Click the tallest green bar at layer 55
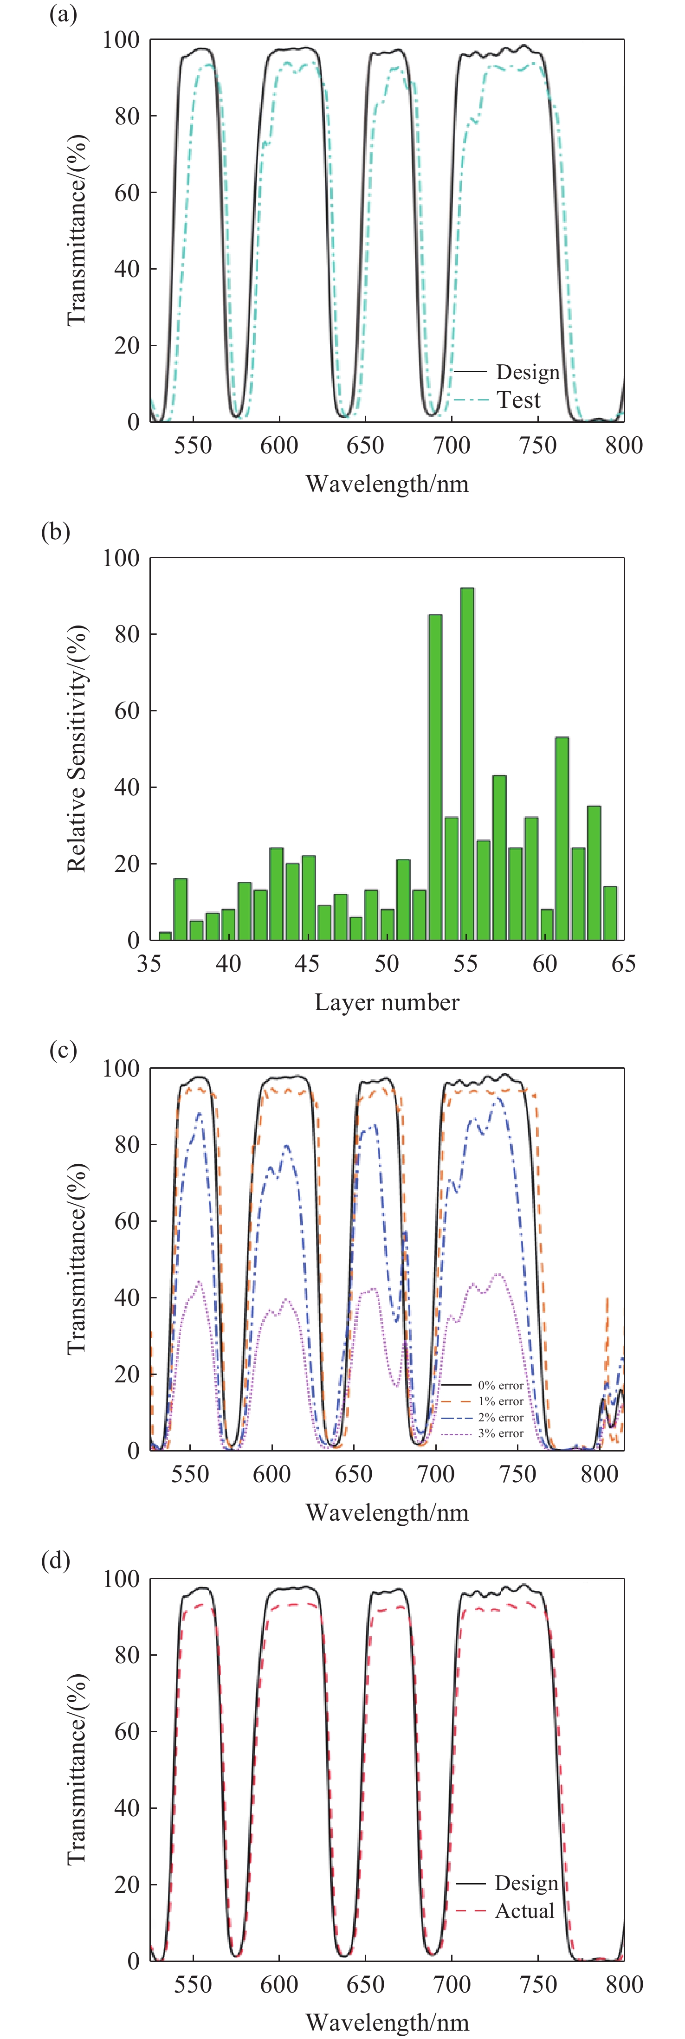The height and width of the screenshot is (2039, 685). (467, 764)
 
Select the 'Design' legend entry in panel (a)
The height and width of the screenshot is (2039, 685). (527, 372)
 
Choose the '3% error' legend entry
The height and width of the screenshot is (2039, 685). (500, 1432)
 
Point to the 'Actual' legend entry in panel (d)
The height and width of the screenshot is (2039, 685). (524, 1911)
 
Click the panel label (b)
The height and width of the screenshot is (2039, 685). (55, 531)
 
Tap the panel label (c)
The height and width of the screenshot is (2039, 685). (63, 1051)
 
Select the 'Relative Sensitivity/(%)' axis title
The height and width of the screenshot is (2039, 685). (77, 749)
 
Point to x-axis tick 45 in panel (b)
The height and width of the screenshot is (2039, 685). (307, 963)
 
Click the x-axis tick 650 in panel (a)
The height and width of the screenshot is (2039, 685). (365, 445)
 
